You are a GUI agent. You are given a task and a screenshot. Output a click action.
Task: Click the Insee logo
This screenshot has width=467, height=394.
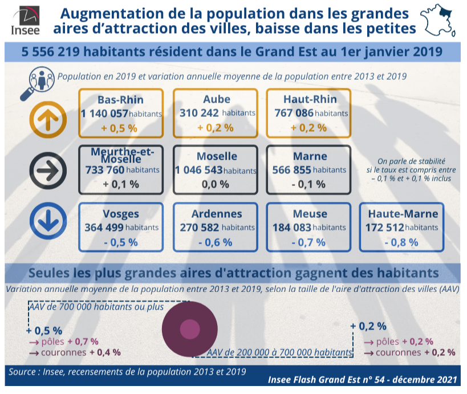coord(26,21)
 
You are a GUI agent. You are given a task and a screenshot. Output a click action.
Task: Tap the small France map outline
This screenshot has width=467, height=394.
coord(438,21)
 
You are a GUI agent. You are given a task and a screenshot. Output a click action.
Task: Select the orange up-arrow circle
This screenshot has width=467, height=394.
coord(48,119)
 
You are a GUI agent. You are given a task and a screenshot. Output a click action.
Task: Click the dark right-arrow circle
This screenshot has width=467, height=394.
coord(48,170)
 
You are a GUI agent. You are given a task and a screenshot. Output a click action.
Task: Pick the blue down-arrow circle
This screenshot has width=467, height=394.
coord(48,221)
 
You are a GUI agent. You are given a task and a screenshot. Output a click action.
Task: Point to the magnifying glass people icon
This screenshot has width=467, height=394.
coord(38,83)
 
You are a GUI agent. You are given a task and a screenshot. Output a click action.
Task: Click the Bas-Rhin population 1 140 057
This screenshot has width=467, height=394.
coord(104,113)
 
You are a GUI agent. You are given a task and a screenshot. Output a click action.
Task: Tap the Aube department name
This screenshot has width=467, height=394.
coord(217,99)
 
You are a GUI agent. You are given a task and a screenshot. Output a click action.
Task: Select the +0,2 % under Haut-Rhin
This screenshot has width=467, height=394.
coord(308,128)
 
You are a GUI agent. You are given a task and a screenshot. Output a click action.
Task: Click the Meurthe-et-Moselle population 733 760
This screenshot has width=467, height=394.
coord(104,170)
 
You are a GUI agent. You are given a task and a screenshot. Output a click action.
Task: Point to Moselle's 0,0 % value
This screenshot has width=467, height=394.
coord(216,184)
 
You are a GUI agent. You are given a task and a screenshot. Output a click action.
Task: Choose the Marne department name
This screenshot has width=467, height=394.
coord(310,156)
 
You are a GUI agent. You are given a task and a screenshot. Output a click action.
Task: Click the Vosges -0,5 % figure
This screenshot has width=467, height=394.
coord(121,242)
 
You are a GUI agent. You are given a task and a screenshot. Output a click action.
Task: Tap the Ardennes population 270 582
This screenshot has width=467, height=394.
coord(199,228)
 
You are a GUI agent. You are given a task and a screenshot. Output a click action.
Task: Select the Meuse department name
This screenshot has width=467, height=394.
coord(310,214)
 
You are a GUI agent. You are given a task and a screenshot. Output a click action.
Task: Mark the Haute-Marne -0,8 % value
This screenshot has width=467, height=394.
coord(401,242)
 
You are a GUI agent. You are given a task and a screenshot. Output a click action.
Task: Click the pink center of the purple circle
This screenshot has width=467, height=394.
coord(190,329)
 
